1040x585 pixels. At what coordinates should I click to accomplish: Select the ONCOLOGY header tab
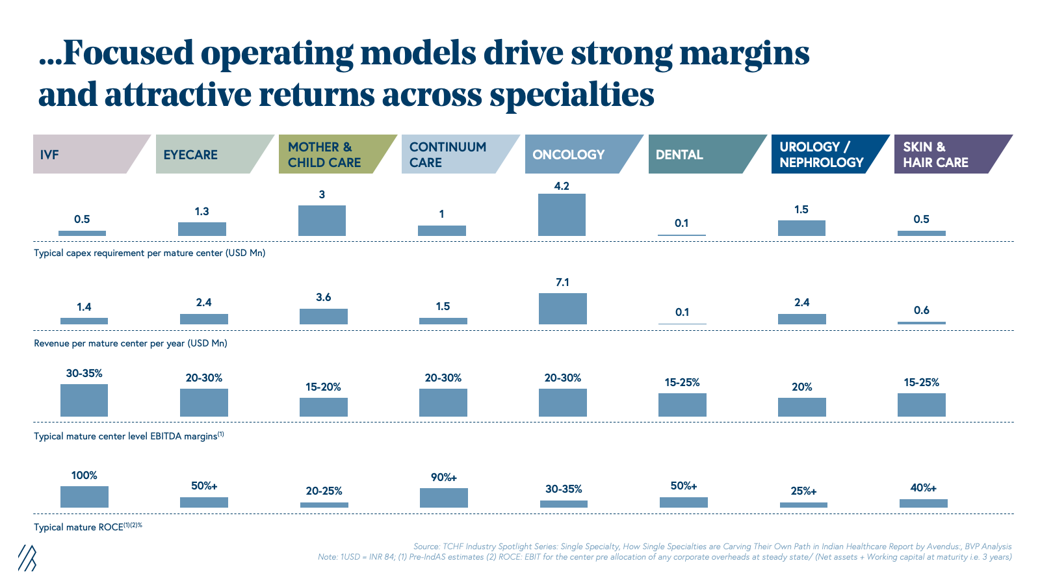572,154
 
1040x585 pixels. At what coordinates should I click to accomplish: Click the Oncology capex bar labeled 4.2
562,214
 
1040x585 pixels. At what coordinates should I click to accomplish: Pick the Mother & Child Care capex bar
322,220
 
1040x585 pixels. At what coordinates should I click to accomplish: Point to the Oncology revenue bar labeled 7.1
562,308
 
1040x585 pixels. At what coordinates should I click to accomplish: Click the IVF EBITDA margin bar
84,400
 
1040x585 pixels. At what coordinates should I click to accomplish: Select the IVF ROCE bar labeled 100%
84,497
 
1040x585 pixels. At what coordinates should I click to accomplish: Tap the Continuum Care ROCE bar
443,497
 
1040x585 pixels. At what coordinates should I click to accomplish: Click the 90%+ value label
444,478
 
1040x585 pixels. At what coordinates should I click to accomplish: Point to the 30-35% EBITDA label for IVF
84,374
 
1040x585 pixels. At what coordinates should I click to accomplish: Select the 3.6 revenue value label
323,298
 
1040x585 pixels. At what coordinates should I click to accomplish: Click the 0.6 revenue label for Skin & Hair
921,311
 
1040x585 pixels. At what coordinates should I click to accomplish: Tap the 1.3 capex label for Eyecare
201,212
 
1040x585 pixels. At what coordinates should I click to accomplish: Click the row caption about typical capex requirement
149,253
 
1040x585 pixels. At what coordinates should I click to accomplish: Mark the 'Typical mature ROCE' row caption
88,527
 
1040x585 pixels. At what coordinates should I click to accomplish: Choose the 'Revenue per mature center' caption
130,343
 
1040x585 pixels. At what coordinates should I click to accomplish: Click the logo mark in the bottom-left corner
27,558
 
